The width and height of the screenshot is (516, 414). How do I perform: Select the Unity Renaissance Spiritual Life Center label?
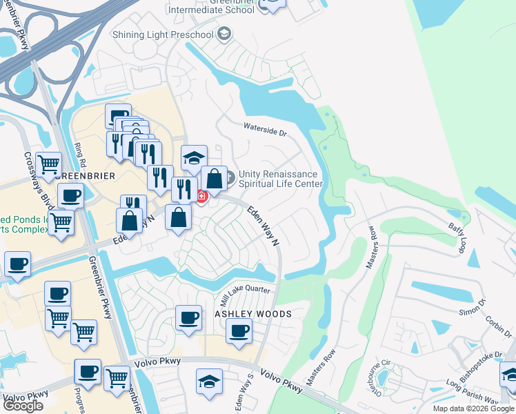pyautogui.click(x=281, y=179)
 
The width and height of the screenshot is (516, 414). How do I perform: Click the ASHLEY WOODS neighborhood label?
pyautogui.click(x=253, y=314)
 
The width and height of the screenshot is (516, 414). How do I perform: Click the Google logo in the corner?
pyautogui.click(x=23, y=406)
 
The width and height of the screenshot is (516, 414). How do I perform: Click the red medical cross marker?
pyautogui.click(x=201, y=196)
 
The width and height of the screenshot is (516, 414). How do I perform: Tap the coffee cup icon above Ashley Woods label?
pyautogui.click(x=188, y=319)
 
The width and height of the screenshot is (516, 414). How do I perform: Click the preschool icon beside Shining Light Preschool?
pyautogui.click(x=224, y=34)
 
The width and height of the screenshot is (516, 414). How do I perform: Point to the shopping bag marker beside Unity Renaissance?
pyautogui.click(x=215, y=179)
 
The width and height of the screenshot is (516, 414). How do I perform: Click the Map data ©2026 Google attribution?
pyautogui.click(x=473, y=408)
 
